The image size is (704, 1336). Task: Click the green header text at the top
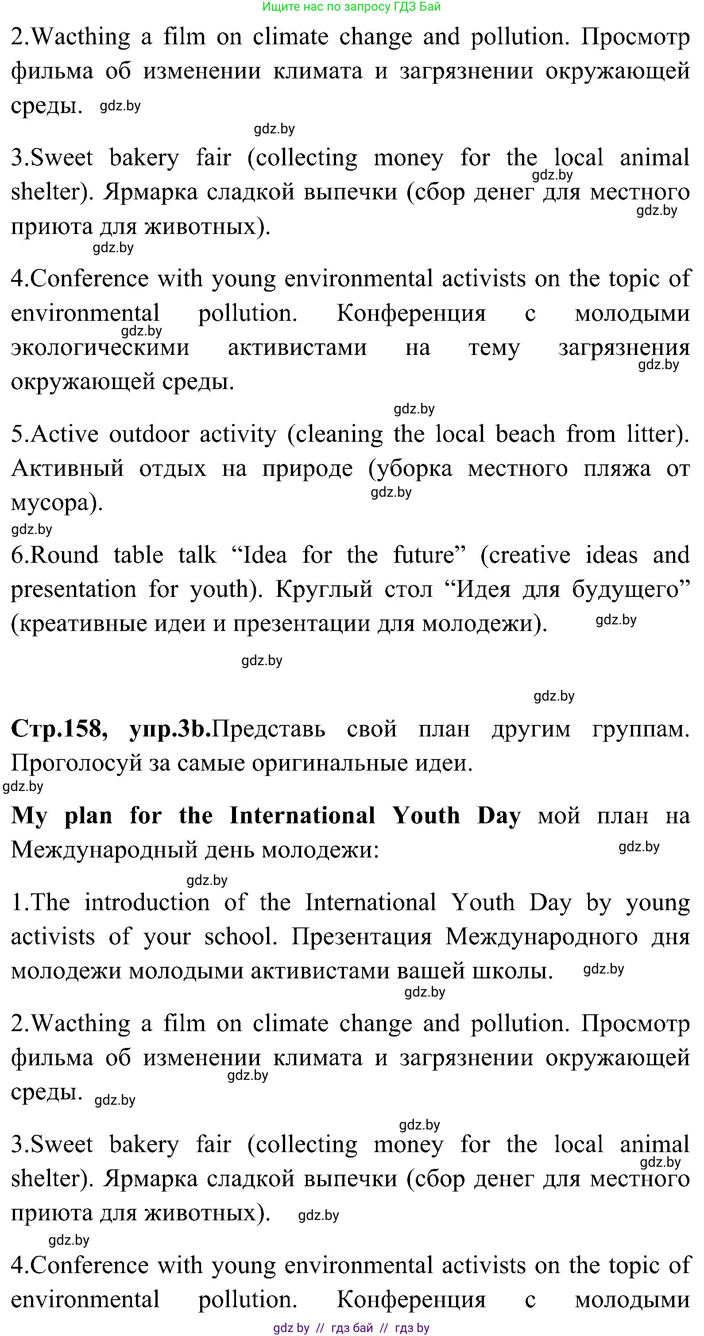[x=352, y=7]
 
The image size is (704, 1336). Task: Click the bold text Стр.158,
[x=58, y=728]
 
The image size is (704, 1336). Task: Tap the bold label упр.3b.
[x=170, y=728]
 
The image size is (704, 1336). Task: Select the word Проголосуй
[x=76, y=763]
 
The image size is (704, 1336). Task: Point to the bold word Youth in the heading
[x=425, y=815]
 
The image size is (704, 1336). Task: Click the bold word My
[x=29, y=815]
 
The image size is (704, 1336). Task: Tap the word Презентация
[x=361, y=937]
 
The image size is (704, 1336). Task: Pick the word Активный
[x=67, y=468]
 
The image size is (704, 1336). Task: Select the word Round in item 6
[x=64, y=555]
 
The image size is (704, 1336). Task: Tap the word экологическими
[x=100, y=347]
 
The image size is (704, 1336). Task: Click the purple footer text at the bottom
[x=352, y=1327]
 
